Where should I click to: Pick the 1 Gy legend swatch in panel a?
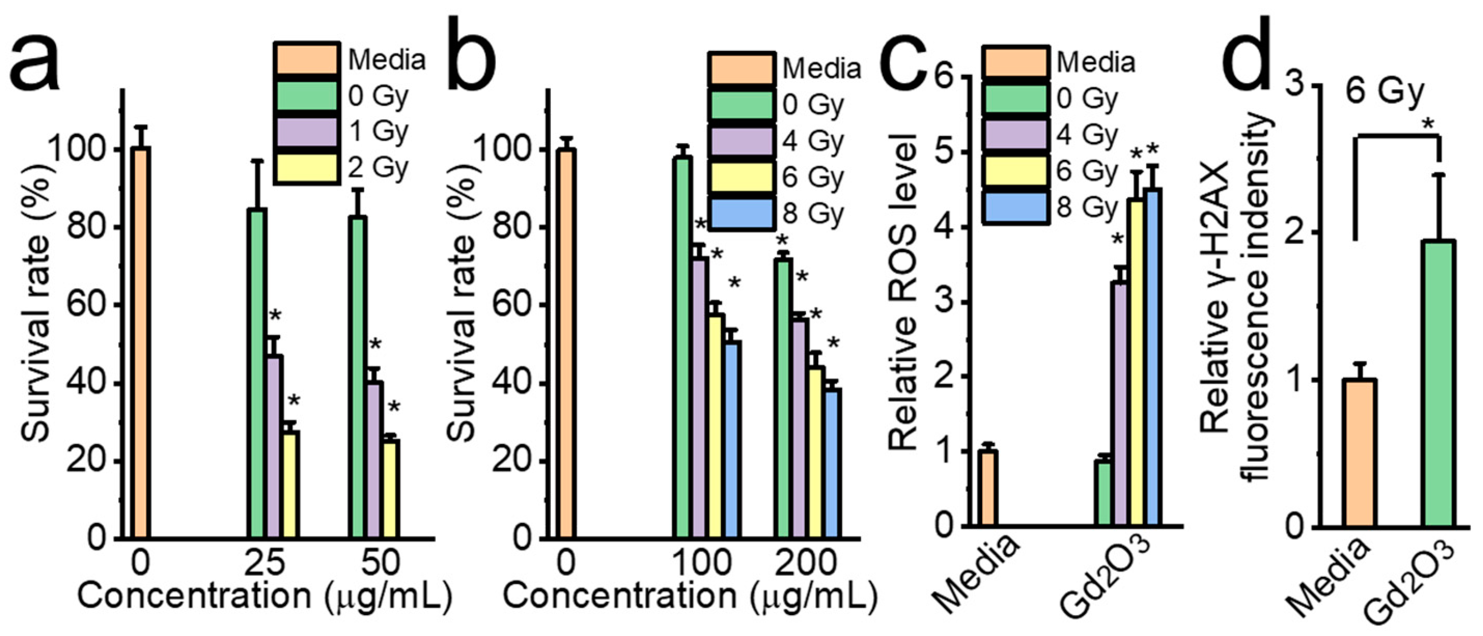pyautogui.click(x=306, y=132)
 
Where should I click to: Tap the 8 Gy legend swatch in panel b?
pyautogui.click(x=741, y=213)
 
